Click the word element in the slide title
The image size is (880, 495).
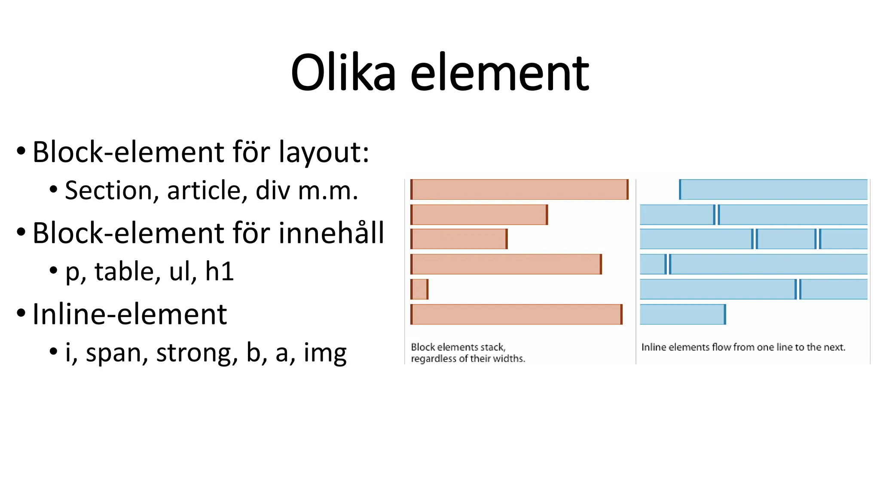499,73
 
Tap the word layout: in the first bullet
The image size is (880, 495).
324,152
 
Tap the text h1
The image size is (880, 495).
219,272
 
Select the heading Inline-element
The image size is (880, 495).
129,314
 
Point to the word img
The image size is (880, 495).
325,353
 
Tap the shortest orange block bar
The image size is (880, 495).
419,289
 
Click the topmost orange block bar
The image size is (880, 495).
519,189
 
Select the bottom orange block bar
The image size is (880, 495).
516,314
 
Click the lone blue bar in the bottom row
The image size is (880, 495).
682,314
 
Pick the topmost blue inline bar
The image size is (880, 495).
773,189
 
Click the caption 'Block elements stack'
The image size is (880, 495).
458,347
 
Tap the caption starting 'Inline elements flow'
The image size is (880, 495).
743,347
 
